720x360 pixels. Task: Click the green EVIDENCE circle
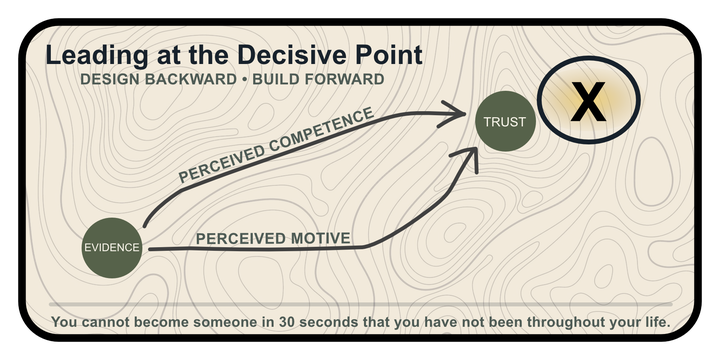point(112,248)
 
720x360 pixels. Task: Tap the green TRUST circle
point(505,121)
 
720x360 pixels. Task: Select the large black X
point(588,101)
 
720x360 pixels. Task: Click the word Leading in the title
point(97,56)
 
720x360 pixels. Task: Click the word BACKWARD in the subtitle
point(191,79)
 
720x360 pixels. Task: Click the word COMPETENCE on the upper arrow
point(321,130)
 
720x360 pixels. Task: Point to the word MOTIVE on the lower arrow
point(321,238)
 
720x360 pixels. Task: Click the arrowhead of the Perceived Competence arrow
point(454,113)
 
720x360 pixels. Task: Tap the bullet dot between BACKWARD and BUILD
point(244,79)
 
